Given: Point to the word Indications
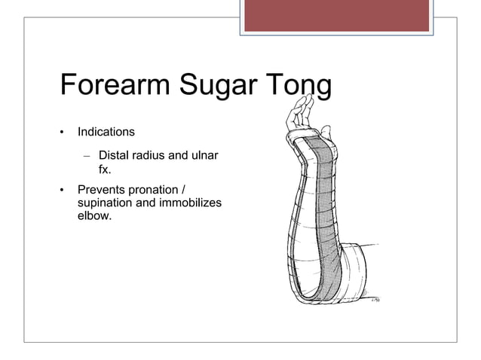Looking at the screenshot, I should [x=106, y=132].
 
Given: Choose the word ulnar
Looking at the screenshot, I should [x=203, y=156].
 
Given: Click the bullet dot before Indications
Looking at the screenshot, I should [x=63, y=133].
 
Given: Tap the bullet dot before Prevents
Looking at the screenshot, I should [x=63, y=192].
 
